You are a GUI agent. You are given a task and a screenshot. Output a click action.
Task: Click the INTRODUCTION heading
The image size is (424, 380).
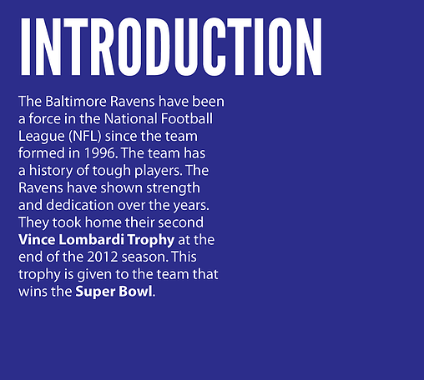[x=171, y=47]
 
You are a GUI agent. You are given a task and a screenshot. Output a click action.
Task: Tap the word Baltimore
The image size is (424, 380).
[x=76, y=102]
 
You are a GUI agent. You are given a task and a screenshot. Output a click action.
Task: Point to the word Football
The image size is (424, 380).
[x=187, y=118]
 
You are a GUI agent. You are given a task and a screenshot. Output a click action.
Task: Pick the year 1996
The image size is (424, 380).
[x=100, y=153]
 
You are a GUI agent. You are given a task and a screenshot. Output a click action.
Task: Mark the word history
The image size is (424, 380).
[x=51, y=171]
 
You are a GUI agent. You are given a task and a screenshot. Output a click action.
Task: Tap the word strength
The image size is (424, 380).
[x=173, y=188]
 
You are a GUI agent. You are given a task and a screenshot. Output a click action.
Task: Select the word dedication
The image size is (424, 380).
[x=80, y=205]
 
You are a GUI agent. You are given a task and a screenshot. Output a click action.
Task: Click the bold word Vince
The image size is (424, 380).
[x=37, y=240]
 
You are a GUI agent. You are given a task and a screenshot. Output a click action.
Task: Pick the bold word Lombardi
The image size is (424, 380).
[x=91, y=240]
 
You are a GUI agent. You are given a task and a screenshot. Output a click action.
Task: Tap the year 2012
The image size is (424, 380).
[x=103, y=257]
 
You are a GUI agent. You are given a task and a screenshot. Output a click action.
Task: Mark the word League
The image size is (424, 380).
[x=42, y=136]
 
